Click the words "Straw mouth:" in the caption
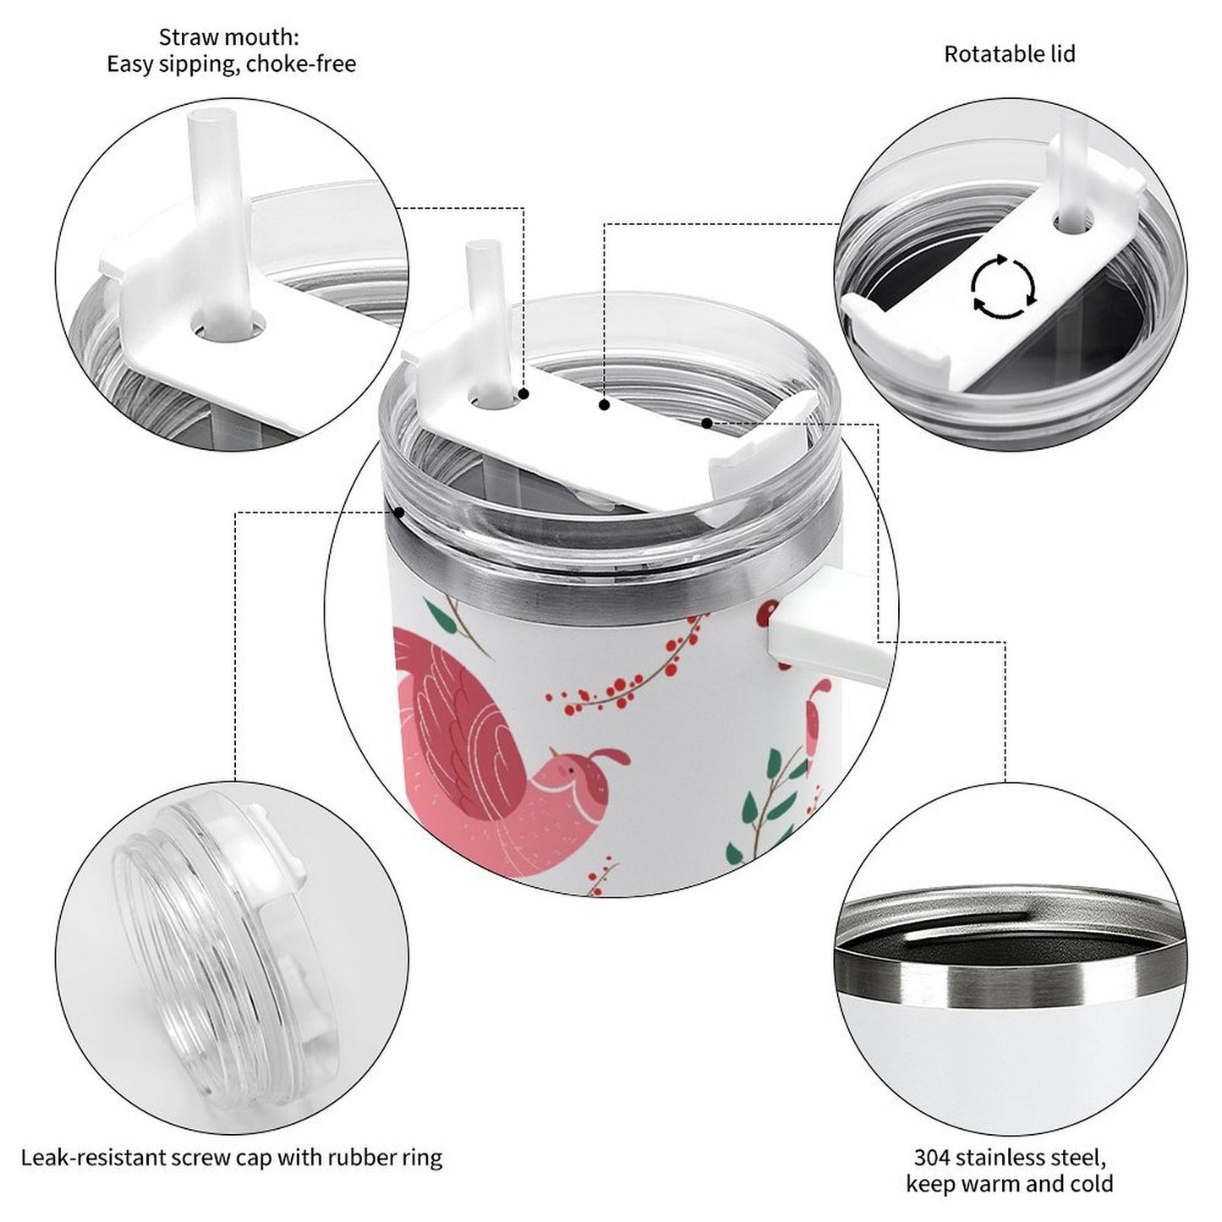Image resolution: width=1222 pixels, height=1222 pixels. (229, 38)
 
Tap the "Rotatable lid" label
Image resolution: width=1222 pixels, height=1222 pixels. (1009, 54)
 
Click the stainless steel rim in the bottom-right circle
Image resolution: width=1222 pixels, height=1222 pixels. (1006, 983)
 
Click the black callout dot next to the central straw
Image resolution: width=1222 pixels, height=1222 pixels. (524, 394)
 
